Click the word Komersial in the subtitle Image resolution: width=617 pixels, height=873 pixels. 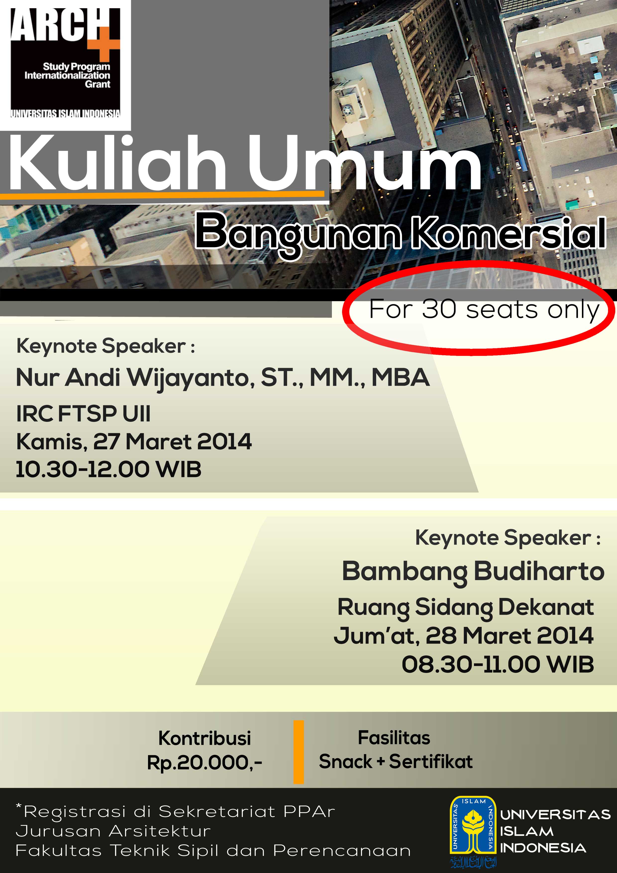pos(509,232)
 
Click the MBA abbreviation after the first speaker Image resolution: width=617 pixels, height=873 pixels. pos(400,378)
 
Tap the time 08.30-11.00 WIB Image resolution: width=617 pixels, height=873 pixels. pos(498,665)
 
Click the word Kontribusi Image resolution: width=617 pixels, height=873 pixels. pos(205,738)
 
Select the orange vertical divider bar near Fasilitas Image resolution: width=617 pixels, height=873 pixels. pos(299,752)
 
